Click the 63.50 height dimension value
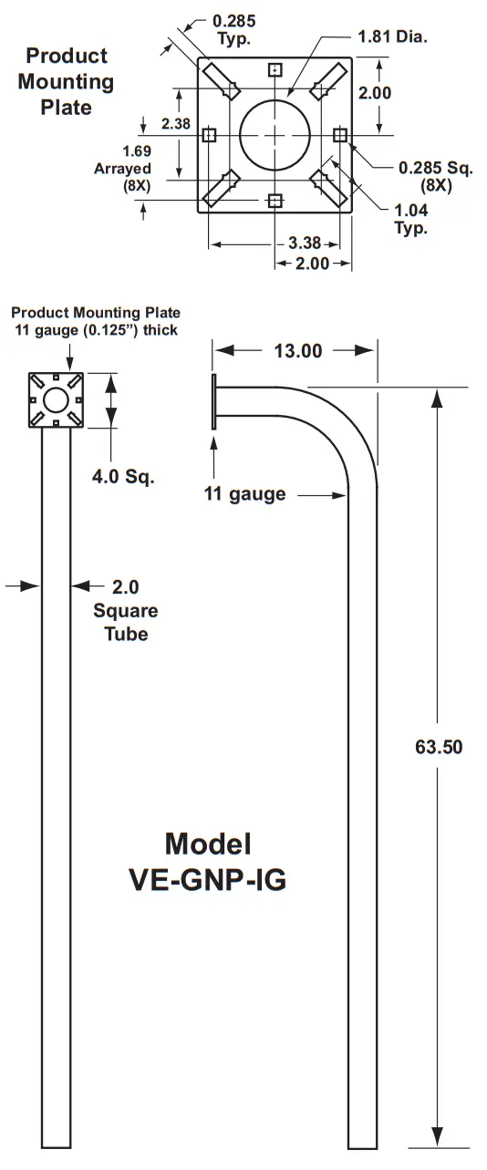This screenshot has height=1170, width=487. coord(439,747)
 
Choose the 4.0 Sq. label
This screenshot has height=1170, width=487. coord(123,476)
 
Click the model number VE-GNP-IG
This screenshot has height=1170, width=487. coord(207,880)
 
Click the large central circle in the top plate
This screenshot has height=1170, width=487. coord(275,135)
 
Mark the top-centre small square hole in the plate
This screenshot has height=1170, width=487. coord(275,70)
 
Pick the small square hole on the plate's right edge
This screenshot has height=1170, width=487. coord(340,135)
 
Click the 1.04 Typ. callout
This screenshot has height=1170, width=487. coord(410,219)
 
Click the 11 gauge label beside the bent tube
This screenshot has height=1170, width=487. coord(243,494)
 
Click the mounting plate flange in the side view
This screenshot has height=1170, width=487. coord(213,401)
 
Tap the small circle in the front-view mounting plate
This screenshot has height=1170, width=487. coord(57,399)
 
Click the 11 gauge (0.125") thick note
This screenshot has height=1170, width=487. coord(96,330)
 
